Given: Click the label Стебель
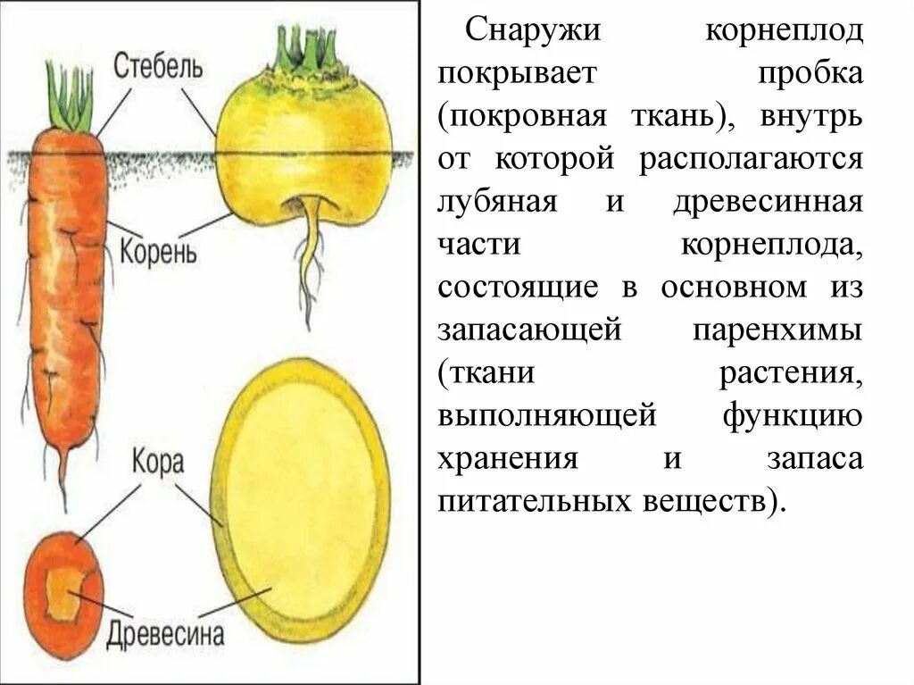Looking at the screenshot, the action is pyautogui.click(x=158, y=65).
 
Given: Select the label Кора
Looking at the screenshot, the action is pyautogui.click(x=158, y=463).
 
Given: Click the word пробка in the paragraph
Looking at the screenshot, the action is pyautogui.click(x=810, y=75).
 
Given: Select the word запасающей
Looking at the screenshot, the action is pyautogui.click(x=528, y=330).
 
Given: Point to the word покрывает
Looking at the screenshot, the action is pyautogui.click(x=516, y=75).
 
